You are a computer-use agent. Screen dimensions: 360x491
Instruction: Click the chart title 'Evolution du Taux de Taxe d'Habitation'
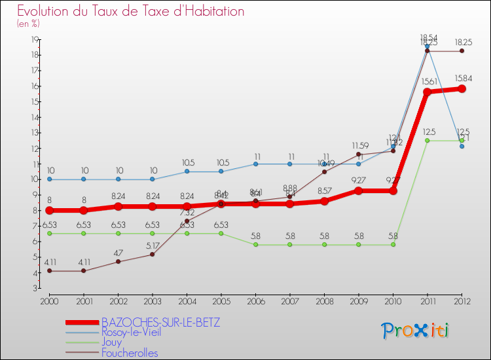[131, 11]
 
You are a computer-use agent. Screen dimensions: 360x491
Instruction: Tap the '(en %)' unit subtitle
[28, 24]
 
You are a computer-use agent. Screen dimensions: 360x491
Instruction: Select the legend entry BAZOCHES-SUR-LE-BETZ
[160, 323]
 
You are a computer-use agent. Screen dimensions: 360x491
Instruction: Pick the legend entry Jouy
[112, 342]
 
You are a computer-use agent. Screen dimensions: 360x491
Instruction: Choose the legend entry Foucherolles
[130, 353]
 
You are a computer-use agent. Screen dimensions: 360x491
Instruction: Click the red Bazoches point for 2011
[427, 92]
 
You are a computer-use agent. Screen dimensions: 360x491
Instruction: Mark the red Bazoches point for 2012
[462, 88]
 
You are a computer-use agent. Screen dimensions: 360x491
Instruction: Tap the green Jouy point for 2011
[427, 140]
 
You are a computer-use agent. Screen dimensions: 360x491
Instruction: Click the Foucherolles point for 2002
[118, 262]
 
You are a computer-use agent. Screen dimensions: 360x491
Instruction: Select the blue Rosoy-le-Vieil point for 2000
[48, 179]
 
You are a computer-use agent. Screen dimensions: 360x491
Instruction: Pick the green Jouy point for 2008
[324, 245]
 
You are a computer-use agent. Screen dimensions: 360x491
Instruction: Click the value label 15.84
[462, 78]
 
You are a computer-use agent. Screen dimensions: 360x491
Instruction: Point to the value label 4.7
[118, 252]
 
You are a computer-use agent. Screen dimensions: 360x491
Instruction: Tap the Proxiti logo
[416, 331]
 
